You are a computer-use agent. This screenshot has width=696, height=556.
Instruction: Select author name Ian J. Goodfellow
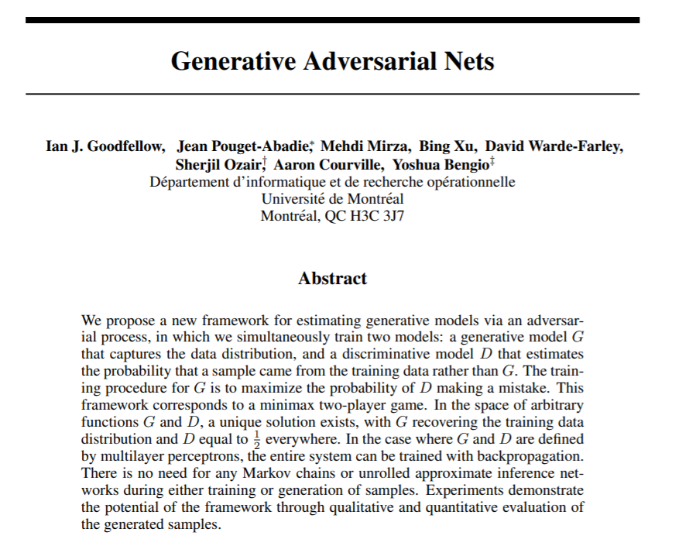(x=105, y=146)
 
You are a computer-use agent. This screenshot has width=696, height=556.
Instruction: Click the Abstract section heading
(x=332, y=279)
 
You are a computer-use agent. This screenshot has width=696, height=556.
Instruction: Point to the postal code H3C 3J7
(x=375, y=215)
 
